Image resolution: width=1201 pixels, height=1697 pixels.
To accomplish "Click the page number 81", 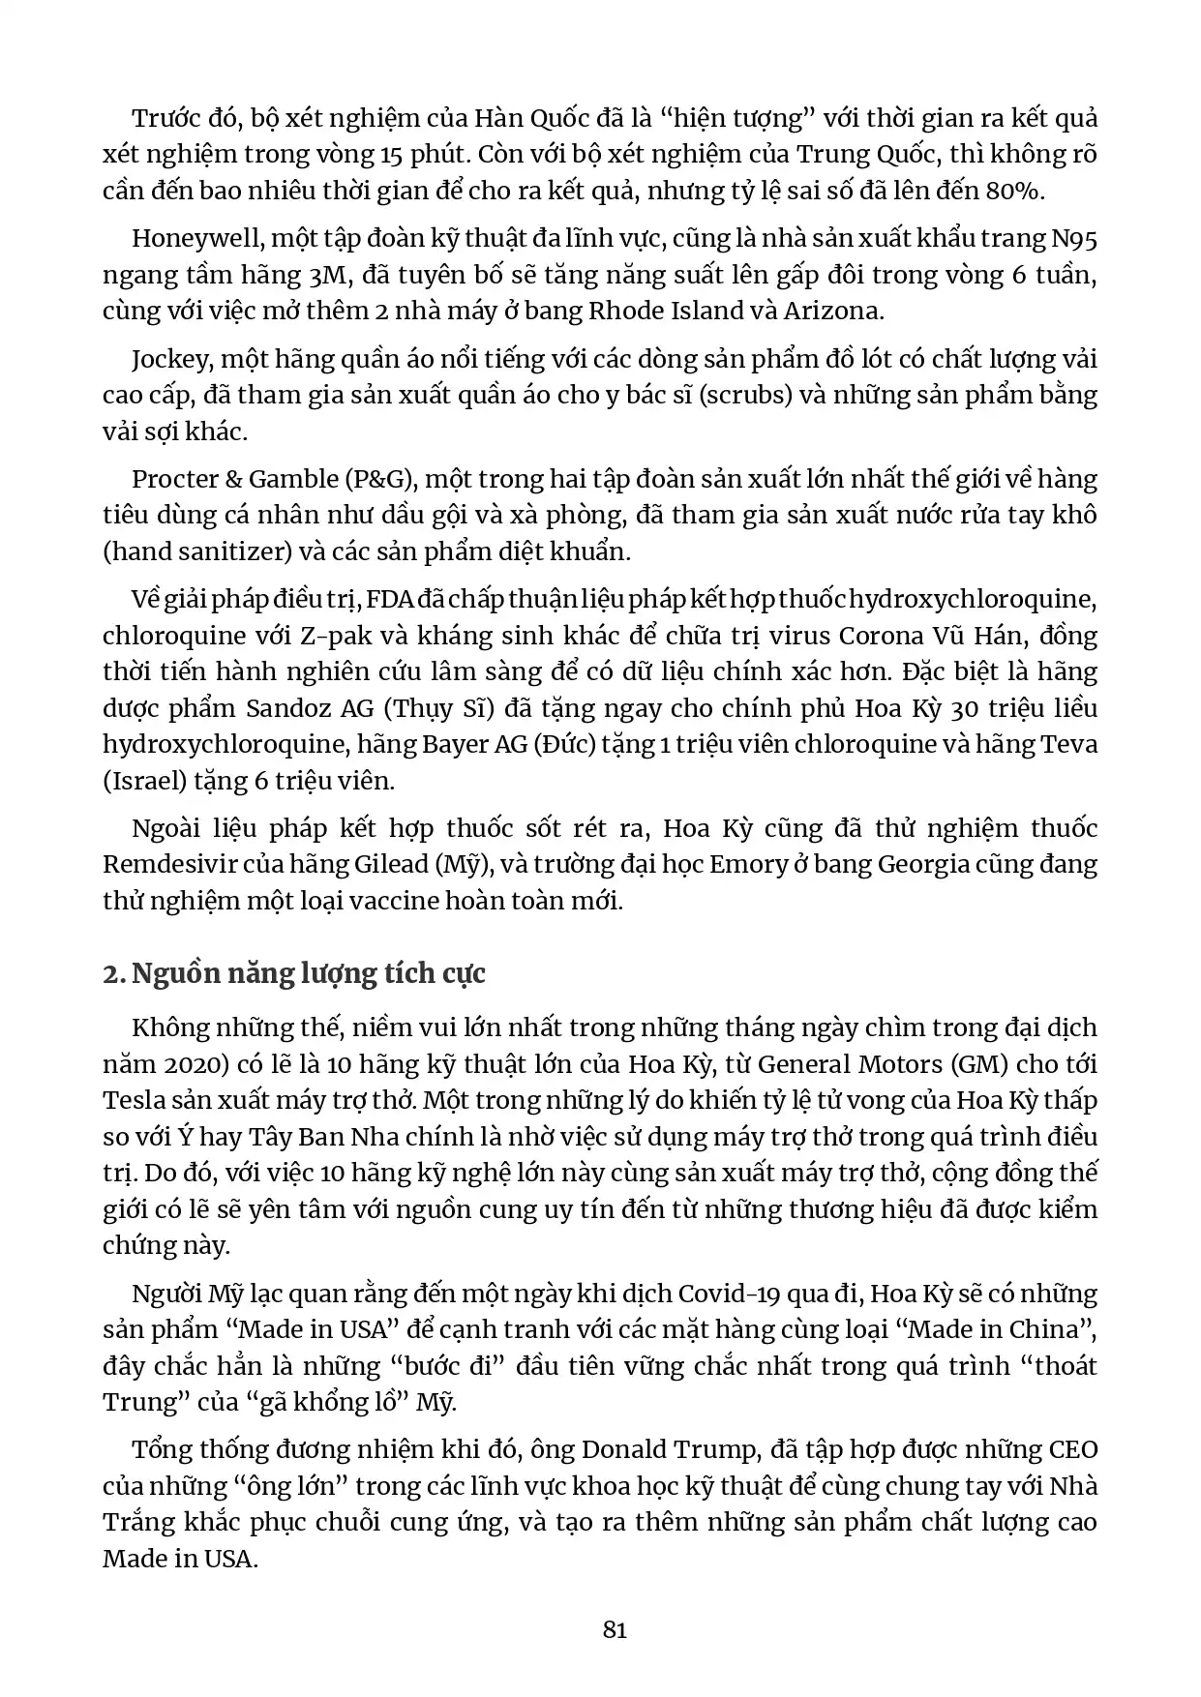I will click(615, 1630).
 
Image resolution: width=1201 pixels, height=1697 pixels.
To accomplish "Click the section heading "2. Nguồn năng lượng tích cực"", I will click(294, 972).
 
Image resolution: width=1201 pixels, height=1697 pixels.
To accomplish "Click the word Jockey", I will click(170, 359).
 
